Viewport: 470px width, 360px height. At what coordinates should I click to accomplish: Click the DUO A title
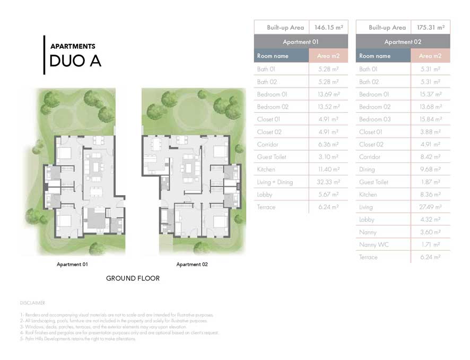point(75,61)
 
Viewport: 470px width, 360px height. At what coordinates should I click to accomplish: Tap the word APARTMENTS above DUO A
point(73,46)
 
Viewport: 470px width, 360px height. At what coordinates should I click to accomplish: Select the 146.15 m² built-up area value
point(328,27)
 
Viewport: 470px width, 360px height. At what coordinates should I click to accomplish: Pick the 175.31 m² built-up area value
point(430,27)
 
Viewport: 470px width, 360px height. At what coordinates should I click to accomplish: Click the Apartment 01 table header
point(301,42)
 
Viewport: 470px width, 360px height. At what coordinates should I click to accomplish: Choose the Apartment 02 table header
point(403,42)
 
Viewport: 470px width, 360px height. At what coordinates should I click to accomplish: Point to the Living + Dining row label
point(275,182)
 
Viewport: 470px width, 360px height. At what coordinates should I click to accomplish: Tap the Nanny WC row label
point(375,245)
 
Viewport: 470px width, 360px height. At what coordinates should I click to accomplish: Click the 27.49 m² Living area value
point(430,207)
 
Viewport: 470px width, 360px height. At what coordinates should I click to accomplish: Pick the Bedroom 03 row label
point(375,119)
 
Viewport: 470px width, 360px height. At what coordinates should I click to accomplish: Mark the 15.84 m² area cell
point(430,119)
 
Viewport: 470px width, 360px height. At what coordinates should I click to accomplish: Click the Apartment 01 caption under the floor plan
point(72,264)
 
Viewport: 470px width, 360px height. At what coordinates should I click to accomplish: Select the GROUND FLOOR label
point(133,278)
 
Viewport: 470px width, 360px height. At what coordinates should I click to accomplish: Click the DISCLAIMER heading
point(32,303)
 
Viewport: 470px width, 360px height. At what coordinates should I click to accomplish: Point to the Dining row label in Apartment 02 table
point(367,170)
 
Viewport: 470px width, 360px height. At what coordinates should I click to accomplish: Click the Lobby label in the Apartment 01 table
point(264,195)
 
